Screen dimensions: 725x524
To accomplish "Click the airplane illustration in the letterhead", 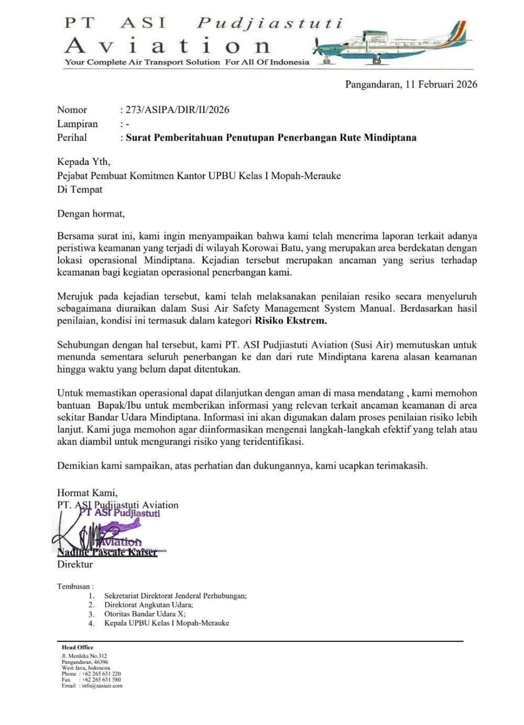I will coord(391,44).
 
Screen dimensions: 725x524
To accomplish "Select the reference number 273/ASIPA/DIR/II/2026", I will coord(178,110).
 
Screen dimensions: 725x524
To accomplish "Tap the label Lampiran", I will coord(77,124).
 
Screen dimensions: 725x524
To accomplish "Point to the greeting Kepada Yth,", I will coord(83,162).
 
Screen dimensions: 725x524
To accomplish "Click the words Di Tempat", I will coord(80,190).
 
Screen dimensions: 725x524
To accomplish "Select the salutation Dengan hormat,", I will coord(91,214).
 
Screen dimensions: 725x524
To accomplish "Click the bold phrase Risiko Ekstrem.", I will coord(291,321).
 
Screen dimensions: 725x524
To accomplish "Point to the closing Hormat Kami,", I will coord(87,493).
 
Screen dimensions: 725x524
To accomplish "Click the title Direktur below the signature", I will coord(75,564).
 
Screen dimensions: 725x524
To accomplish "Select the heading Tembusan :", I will coord(75,586).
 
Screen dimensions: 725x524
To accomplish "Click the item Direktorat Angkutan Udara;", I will coord(148,605).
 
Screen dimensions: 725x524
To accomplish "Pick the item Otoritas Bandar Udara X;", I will coord(145,614).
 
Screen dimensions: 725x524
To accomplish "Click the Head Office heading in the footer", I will coord(78,647).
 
